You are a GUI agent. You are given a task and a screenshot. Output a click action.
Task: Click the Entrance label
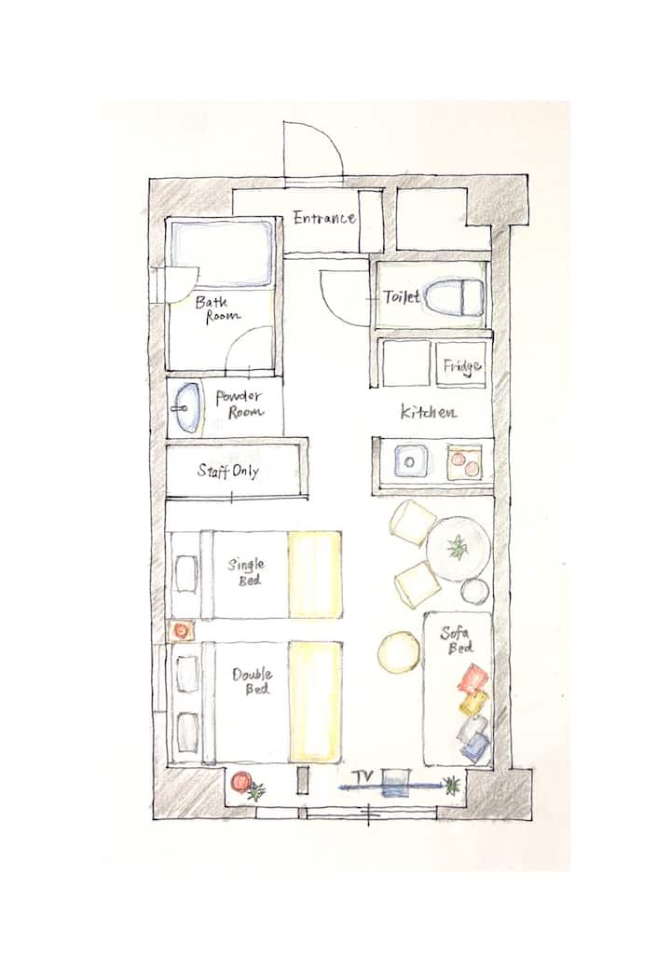[324, 218]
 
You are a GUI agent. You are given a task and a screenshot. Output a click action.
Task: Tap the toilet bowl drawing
[457, 297]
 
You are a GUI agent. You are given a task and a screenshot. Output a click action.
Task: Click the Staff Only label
[227, 472]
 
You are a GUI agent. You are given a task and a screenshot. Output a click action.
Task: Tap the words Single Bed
[246, 572]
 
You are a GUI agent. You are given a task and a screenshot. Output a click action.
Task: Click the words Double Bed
[253, 680]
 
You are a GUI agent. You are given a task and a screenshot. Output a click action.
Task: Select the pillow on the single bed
[186, 573]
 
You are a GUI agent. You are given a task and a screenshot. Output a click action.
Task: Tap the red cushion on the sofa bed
[472, 678]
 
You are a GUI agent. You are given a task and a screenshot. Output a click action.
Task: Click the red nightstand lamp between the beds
[182, 630]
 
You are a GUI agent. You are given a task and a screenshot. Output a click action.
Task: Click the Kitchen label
[429, 412]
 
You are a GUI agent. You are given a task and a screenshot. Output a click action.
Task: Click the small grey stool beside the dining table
[475, 591]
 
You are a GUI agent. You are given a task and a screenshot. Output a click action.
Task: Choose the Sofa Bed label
[457, 639]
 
